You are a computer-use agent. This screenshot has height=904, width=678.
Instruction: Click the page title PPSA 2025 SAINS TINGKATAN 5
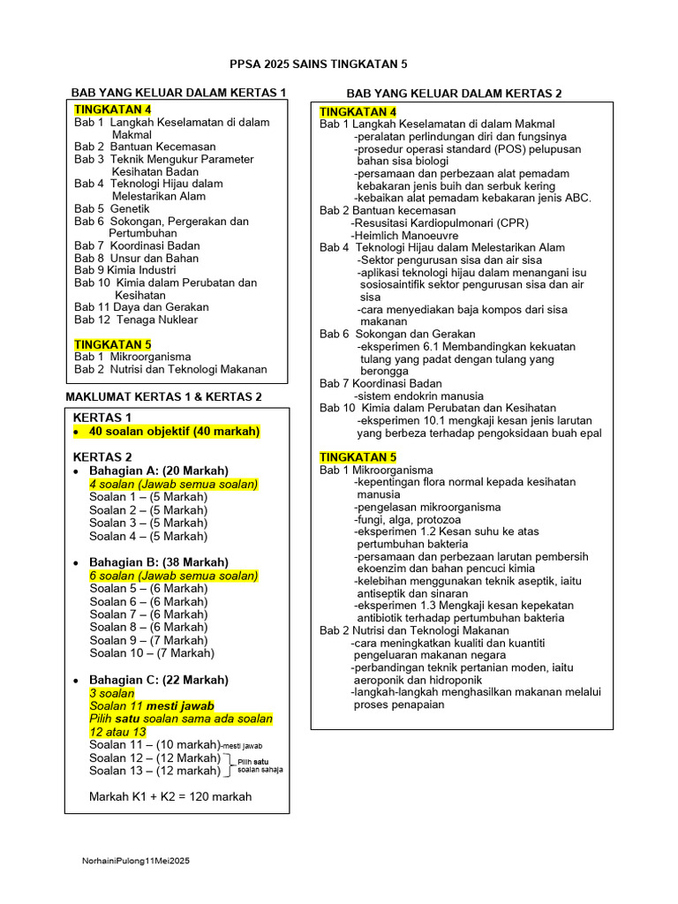pyautogui.click(x=318, y=64)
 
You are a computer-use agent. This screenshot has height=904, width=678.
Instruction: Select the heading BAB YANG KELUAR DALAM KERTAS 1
pyautogui.click(x=178, y=92)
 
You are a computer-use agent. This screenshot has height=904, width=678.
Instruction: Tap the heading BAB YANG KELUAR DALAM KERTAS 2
pyautogui.click(x=454, y=93)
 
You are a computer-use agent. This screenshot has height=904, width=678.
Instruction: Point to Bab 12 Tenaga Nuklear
pyautogui.click(x=135, y=320)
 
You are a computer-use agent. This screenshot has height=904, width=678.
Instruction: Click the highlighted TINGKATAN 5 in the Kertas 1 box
pyautogui.click(x=112, y=344)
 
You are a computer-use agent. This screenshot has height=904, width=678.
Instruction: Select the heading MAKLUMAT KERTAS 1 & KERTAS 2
pyautogui.click(x=164, y=396)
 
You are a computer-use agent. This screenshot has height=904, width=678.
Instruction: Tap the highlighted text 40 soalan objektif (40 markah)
pyautogui.click(x=175, y=431)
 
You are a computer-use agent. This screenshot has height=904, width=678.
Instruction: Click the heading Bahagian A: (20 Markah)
pyautogui.click(x=159, y=471)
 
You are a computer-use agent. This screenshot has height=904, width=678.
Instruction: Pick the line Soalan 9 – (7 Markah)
pyautogui.click(x=148, y=640)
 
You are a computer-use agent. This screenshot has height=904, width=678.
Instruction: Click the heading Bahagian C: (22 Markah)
pyautogui.click(x=159, y=680)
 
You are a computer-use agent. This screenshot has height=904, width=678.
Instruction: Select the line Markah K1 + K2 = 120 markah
pyautogui.click(x=170, y=796)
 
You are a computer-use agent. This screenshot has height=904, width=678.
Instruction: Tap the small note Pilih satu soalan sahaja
pyautogui.click(x=260, y=765)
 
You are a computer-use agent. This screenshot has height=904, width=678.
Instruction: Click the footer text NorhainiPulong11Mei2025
pyautogui.click(x=136, y=860)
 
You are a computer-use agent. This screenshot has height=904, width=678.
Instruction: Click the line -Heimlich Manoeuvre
pyautogui.click(x=404, y=236)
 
